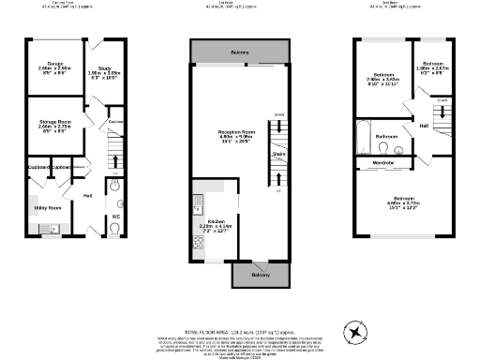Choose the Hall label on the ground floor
pos(86,195)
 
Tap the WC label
pos(116,217)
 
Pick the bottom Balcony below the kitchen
pos(262,275)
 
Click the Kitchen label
pos(215,221)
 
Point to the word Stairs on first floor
pos(278,154)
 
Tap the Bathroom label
pos(387,137)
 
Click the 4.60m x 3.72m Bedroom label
pos(400,202)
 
